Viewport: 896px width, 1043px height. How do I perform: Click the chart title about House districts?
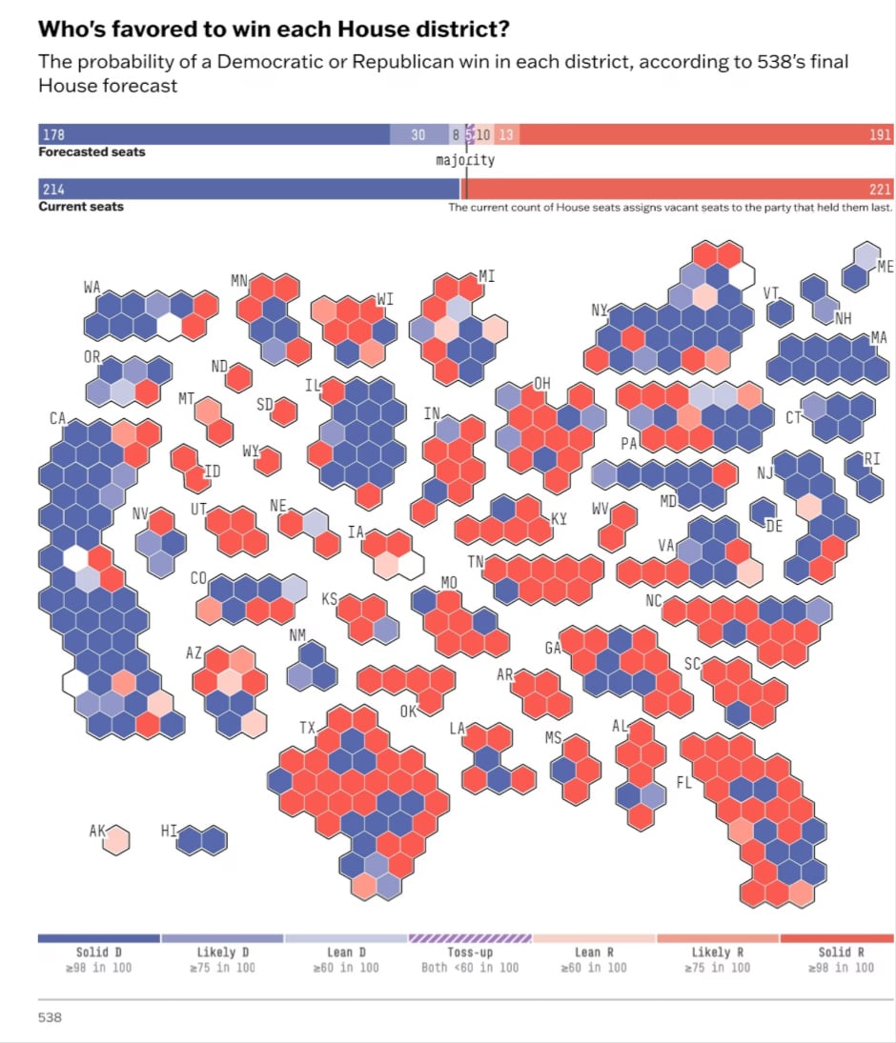click(x=273, y=30)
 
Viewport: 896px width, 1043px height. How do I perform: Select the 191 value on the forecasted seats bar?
click(x=880, y=135)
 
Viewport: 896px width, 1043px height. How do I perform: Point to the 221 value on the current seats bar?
click(x=880, y=190)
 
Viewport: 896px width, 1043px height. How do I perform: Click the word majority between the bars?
click(x=465, y=160)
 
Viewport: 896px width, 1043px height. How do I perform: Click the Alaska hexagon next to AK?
click(x=116, y=840)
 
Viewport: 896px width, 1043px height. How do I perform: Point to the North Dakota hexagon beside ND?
click(x=238, y=378)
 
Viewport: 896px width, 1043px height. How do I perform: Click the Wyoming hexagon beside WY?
click(x=269, y=461)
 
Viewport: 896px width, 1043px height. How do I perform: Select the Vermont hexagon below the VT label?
click(x=780, y=312)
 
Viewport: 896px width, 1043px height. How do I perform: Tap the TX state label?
click(x=307, y=728)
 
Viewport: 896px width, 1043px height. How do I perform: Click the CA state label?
click(x=57, y=418)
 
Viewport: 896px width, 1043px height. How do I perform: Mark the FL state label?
click(x=683, y=782)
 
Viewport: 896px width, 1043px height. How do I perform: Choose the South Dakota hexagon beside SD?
click(x=284, y=410)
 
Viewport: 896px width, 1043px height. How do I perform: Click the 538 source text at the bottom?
click(x=50, y=1018)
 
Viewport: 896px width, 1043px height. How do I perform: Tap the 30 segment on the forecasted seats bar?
click(x=417, y=135)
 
